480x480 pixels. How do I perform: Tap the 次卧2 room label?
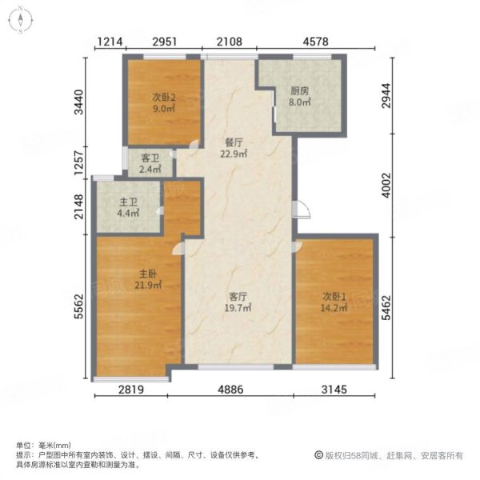(x=164, y=98)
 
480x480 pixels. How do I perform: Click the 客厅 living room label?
(x=237, y=295)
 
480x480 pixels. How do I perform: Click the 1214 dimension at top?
(x=110, y=42)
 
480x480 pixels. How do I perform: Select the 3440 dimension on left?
(x=78, y=104)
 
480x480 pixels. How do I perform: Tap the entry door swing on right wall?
(x=300, y=210)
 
